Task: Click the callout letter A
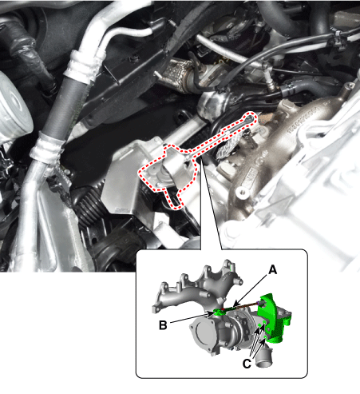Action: (272, 270)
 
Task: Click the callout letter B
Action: (163, 325)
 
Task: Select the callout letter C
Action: (247, 364)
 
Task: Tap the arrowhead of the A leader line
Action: (234, 304)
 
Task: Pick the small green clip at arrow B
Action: (220, 312)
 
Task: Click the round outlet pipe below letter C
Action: (263, 358)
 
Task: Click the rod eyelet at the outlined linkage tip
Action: (250, 118)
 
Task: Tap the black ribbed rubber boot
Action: (89, 206)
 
